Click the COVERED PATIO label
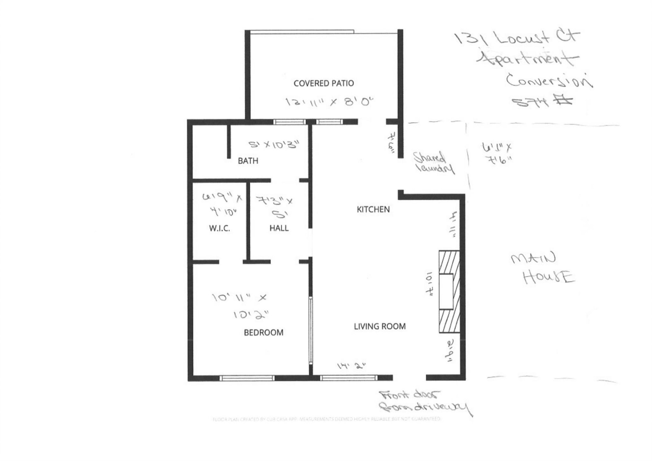tap(323, 83)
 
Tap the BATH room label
tap(248, 161)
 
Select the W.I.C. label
tap(219, 228)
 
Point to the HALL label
tap(279, 228)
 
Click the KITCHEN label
tap(373, 209)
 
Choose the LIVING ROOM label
tap(379, 326)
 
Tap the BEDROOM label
tap(264, 332)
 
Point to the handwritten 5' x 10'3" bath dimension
tap(274, 145)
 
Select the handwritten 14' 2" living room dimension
tap(351, 366)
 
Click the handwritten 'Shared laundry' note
tap(433, 163)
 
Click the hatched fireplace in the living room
tap(449, 291)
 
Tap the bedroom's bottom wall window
tap(247, 378)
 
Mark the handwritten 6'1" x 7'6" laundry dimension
tap(496, 153)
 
